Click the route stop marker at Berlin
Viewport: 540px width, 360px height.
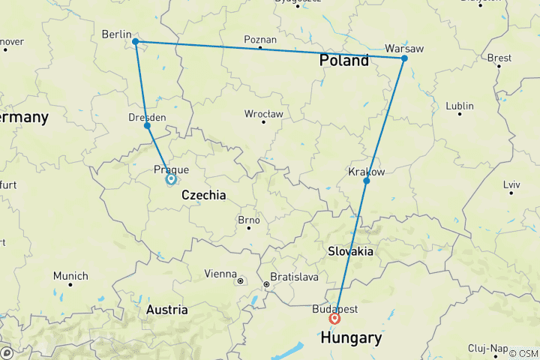coord(135,42)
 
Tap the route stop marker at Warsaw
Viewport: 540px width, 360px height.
coord(404,58)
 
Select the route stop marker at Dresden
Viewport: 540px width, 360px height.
coord(147,125)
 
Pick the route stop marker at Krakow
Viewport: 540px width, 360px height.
coord(366,181)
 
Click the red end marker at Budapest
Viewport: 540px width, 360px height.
coord(334,318)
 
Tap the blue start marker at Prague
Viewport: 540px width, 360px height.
coord(171,178)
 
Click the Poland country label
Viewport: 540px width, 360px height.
coord(344,61)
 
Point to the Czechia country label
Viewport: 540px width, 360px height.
coord(204,195)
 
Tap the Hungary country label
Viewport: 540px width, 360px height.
coord(350,339)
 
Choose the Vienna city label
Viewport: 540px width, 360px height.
coord(221,274)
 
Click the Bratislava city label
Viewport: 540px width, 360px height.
coord(295,277)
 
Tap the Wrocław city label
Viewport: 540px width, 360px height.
coord(263,114)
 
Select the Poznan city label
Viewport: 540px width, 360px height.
coord(260,40)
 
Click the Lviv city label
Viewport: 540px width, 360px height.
coord(511,184)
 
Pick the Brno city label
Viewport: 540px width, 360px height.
coord(248,220)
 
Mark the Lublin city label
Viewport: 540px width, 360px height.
coord(460,106)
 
